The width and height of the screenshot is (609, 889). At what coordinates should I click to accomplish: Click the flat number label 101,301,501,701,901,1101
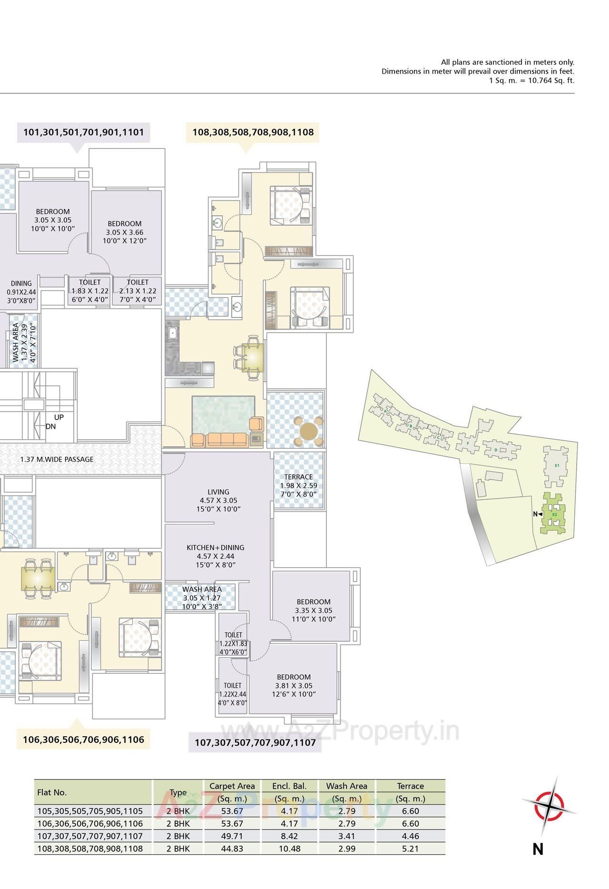pyautogui.click(x=83, y=132)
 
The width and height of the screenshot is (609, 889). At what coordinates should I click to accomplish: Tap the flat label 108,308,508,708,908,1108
pyautogui.click(x=253, y=132)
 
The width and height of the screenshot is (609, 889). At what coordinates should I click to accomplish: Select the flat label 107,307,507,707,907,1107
pyautogui.click(x=255, y=742)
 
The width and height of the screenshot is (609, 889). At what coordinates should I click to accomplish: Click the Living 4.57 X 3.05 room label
pyautogui.click(x=218, y=500)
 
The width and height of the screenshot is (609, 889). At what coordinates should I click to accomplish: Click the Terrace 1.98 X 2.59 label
pyautogui.click(x=298, y=485)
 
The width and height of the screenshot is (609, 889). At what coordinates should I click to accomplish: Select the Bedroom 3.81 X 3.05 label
pyautogui.click(x=294, y=685)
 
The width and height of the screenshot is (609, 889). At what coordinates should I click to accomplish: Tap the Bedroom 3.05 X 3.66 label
pyautogui.click(x=124, y=232)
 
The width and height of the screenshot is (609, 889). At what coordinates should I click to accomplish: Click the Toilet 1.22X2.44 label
pyautogui.click(x=233, y=694)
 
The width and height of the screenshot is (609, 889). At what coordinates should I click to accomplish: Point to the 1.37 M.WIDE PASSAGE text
pyautogui.click(x=57, y=459)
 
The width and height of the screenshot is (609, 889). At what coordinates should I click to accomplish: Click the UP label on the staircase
pyautogui.click(x=59, y=417)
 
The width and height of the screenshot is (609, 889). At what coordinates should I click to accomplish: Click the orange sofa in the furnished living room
pyautogui.click(x=220, y=440)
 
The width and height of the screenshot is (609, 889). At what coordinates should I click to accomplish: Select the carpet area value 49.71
pyautogui.click(x=232, y=836)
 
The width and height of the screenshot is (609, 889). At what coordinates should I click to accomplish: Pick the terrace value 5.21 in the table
pyautogui.click(x=410, y=848)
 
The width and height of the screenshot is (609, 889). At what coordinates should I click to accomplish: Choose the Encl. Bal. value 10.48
pyautogui.click(x=289, y=848)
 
